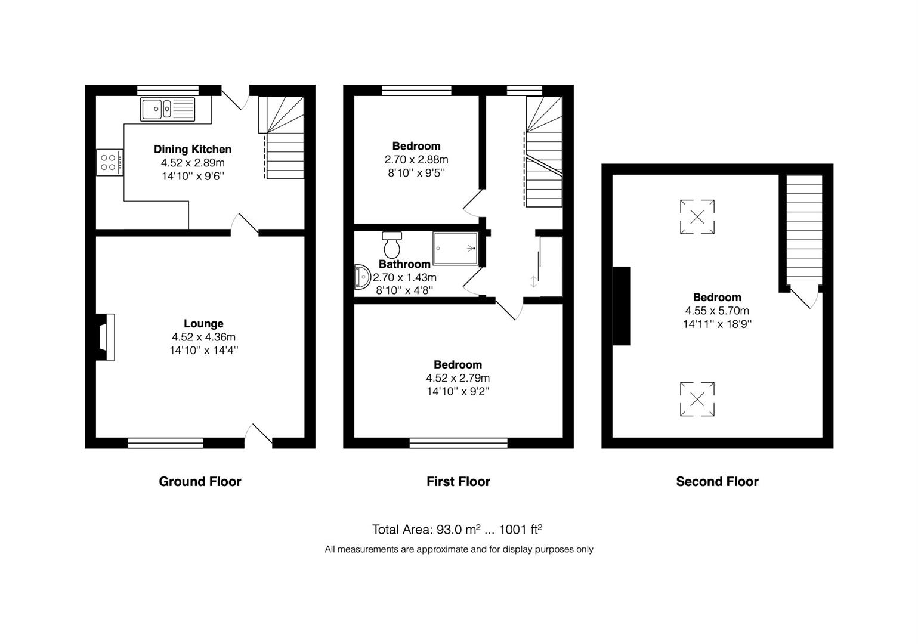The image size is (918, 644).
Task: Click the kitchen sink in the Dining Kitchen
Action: point(168,109)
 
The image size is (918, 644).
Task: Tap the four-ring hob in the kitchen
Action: point(110,162)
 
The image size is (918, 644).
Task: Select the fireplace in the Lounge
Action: point(106,337)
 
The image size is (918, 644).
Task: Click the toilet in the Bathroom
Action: point(392,244)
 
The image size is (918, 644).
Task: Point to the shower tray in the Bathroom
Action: point(455,248)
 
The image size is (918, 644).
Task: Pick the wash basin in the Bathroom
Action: point(362,277)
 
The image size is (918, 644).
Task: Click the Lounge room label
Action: point(203,324)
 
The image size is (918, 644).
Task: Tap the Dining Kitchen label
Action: point(193,149)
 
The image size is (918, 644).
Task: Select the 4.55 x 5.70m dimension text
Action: point(717,311)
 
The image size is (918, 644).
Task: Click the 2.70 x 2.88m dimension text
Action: point(416,159)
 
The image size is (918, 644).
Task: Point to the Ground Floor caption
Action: point(200,481)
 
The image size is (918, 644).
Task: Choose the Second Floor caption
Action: point(717,481)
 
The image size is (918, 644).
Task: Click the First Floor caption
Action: point(458,481)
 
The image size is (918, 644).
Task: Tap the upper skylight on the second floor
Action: point(697,216)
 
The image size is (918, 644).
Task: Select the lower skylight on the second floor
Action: point(697,399)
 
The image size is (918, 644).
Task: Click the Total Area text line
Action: point(457,530)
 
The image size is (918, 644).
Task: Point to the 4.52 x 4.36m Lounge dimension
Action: point(203,337)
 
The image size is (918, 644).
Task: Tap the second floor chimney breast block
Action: point(622,306)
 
